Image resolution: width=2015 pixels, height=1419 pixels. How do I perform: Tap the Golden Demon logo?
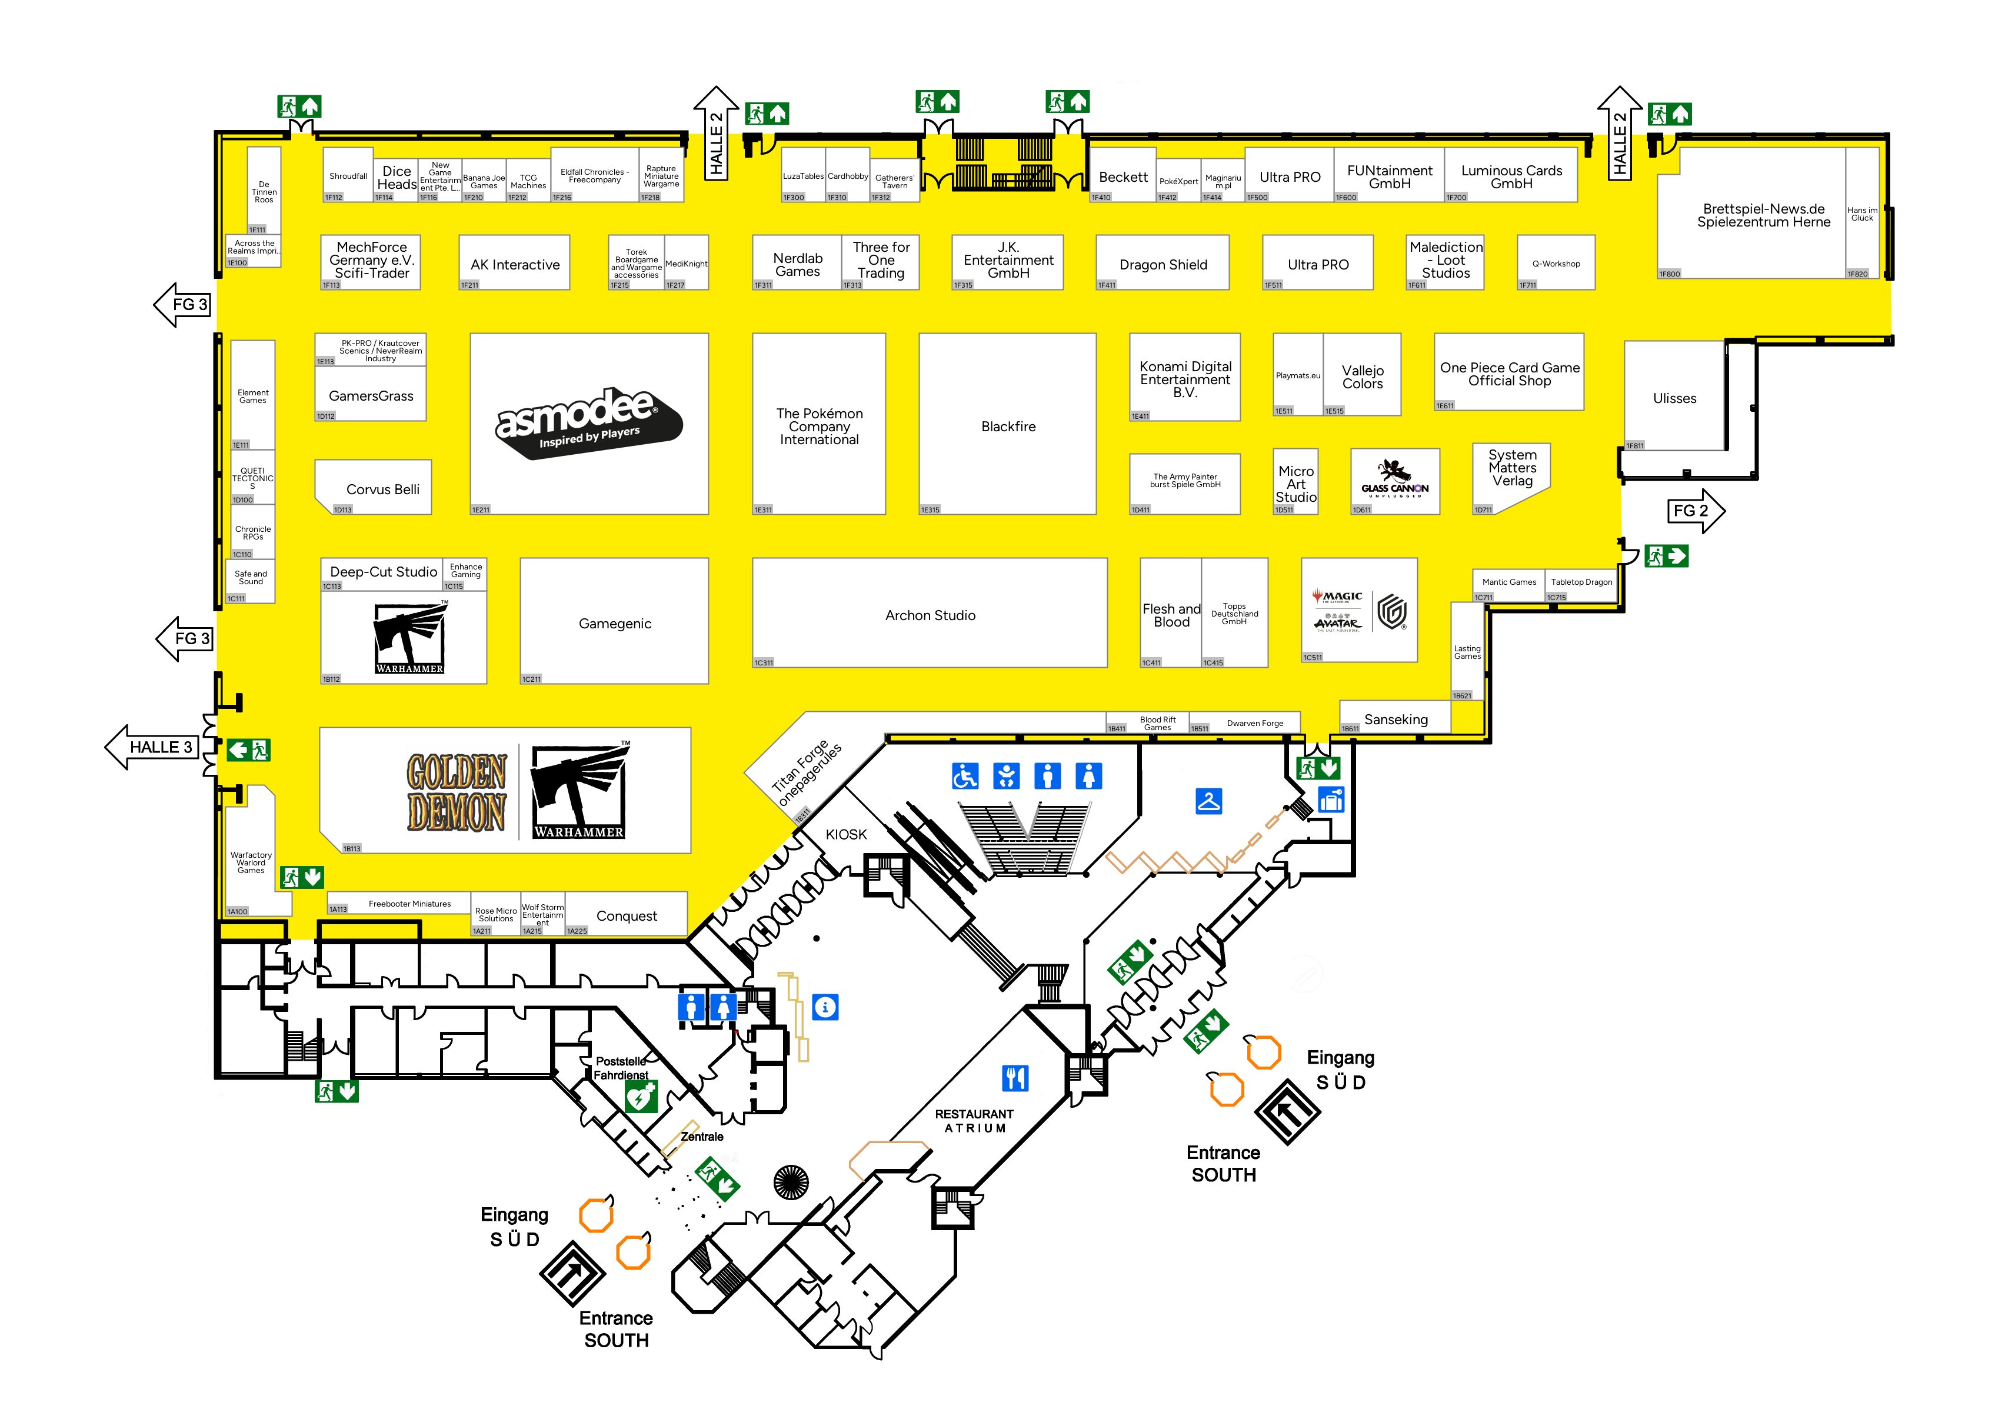pyautogui.click(x=457, y=792)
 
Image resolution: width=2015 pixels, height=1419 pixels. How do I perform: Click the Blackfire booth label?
pyautogui.click(x=1008, y=427)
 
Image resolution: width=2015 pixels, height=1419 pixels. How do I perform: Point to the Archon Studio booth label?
pyautogui.click(x=930, y=615)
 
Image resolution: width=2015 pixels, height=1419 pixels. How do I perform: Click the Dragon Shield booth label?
pyautogui.click(x=1163, y=264)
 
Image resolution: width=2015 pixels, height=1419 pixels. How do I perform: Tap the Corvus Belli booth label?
pyautogui.click(x=382, y=489)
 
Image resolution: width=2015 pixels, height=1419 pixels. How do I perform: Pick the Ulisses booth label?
pyautogui.click(x=1674, y=398)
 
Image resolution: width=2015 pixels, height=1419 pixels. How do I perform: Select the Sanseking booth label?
pyautogui.click(x=1395, y=720)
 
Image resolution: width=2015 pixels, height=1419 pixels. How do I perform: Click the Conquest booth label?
pyautogui.click(x=627, y=915)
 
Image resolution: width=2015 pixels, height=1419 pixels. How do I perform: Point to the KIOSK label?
pyautogui.click(x=846, y=835)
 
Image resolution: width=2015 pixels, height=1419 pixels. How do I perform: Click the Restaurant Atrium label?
pyautogui.click(x=974, y=1121)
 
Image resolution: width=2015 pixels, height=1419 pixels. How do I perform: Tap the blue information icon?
pyautogui.click(x=825, y=1007)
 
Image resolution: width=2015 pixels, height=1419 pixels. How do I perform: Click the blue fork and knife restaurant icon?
pyautogui.click(x=1014, y=1078)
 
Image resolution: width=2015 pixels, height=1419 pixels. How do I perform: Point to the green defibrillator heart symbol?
pyautogui.click(x=641, y=1096)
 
